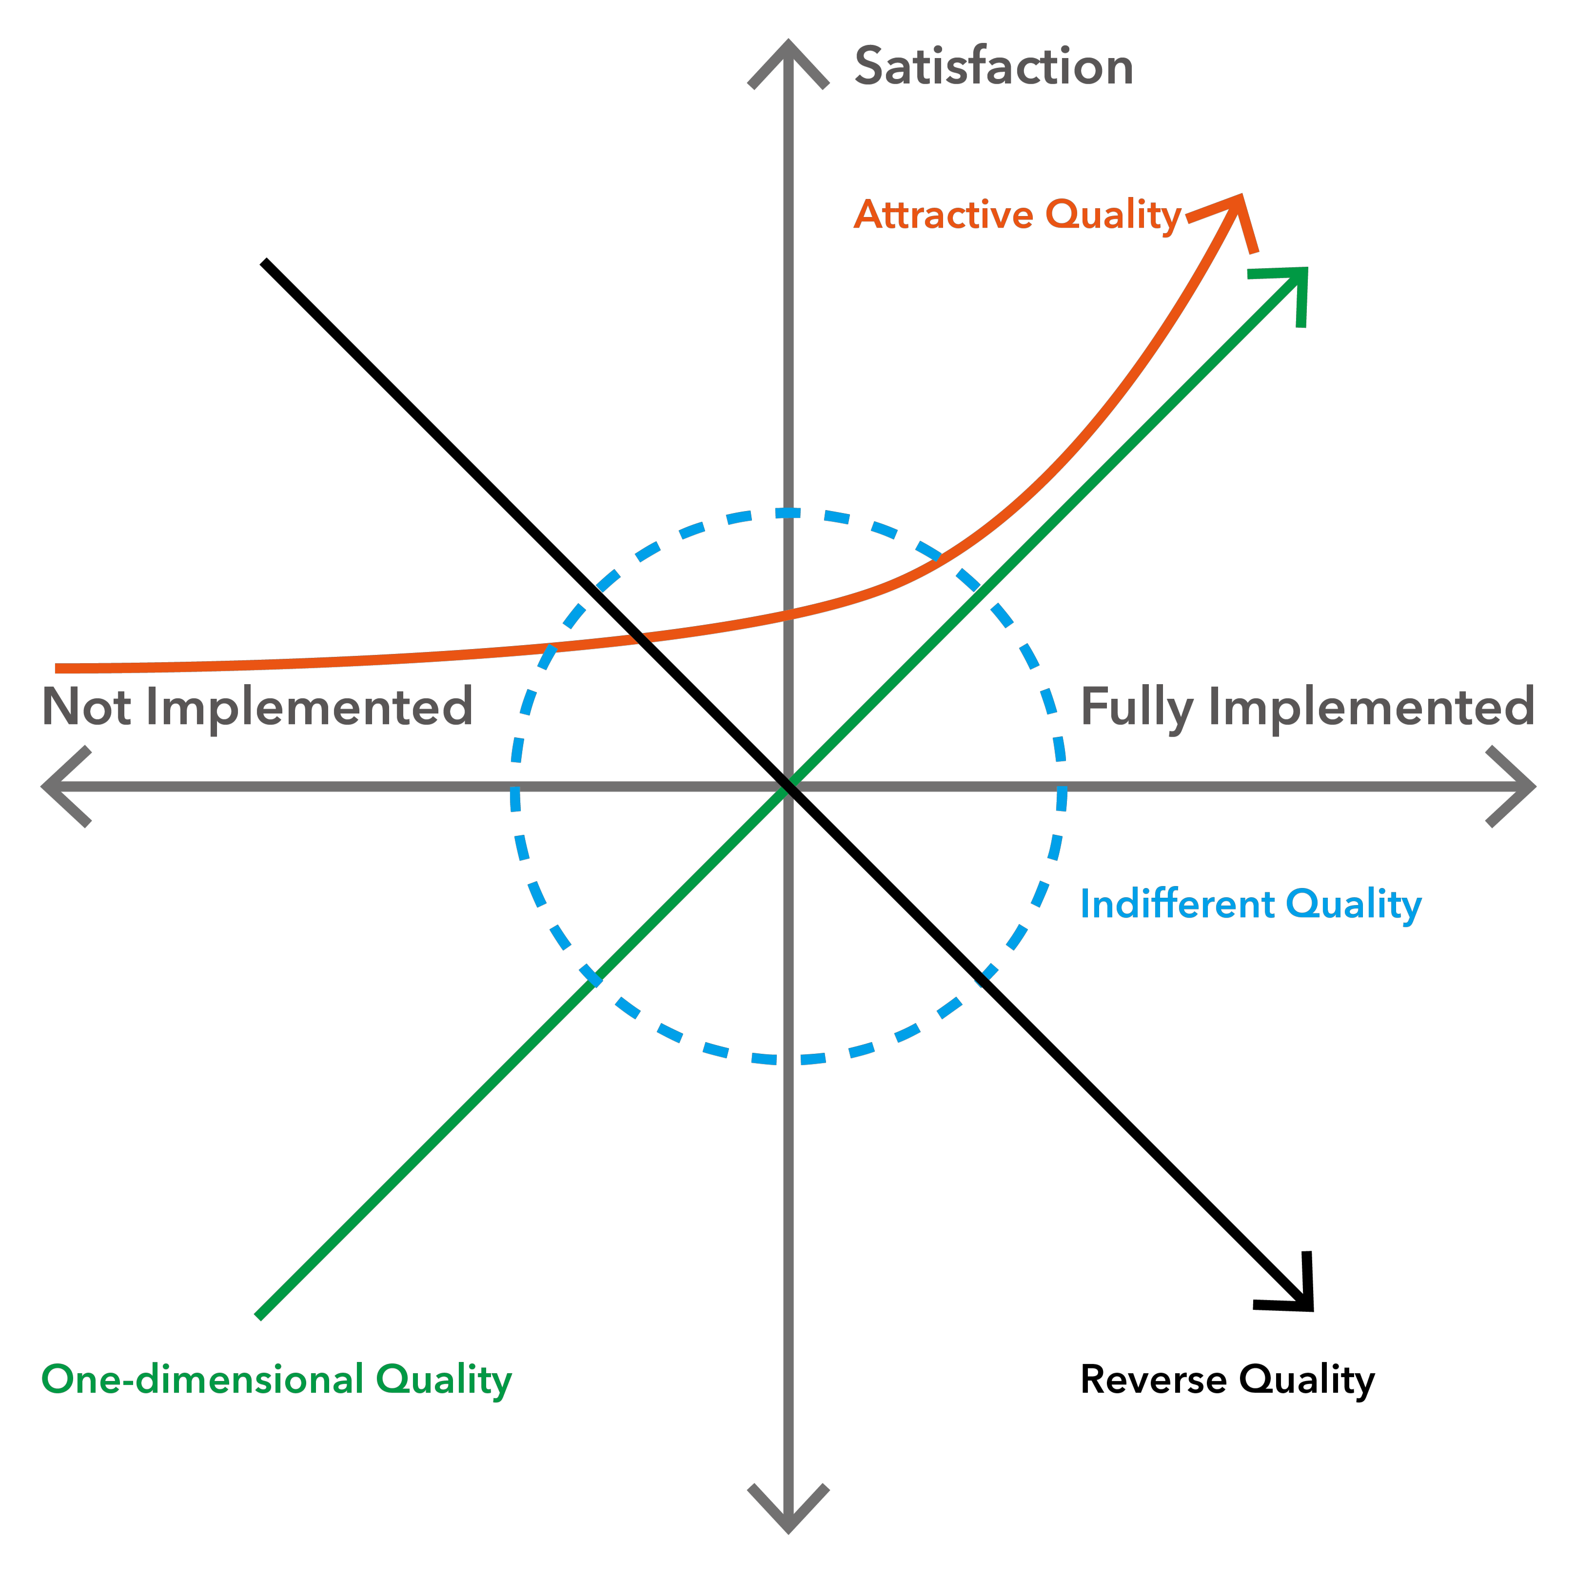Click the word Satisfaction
tap(993, 66)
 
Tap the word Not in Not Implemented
tap(86, 707)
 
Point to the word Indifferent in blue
tap(1178, 905)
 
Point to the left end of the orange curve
tap(57, 669)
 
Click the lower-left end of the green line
tap(259, 1315)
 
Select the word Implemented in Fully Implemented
tap(1371, 707)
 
